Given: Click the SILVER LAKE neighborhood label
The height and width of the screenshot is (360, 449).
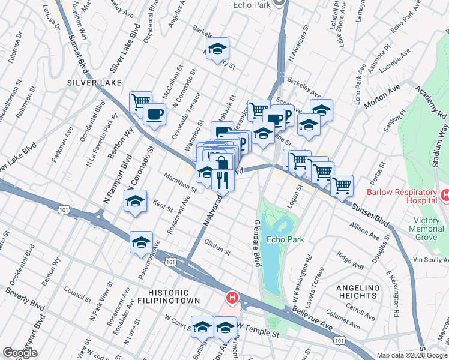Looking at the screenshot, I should click(x=95, y=82).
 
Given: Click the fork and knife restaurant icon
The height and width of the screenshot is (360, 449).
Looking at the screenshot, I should click(x=223, y=180).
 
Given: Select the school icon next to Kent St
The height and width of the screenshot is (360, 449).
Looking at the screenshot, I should click(x=136, y=202).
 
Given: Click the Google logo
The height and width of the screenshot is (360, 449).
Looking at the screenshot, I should click(x=20, y=353).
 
